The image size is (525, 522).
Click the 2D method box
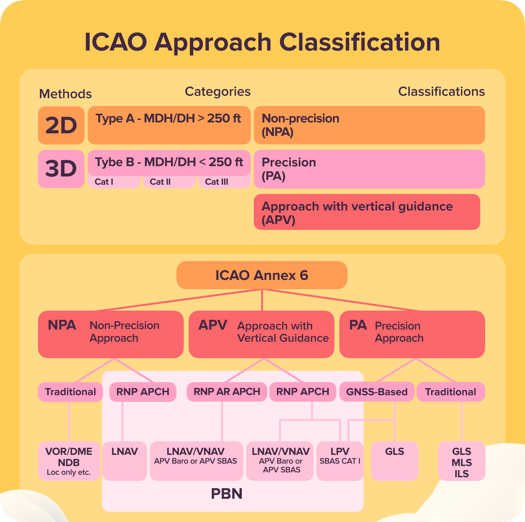61,125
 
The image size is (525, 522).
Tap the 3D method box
61,169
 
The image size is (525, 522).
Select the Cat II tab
169,182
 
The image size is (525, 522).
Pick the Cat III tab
224,182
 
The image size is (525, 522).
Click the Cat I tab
114,182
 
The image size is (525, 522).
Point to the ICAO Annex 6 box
262,275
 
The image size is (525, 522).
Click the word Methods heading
65,94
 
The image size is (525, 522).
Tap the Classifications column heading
441,92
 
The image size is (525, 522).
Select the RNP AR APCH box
227,391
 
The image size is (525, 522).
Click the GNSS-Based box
377,392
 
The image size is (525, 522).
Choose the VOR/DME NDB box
69,461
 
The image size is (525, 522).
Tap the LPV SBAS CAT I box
340,461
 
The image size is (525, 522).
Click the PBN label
227,494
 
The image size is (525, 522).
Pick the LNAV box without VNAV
124,461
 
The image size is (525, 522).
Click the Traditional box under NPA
70,392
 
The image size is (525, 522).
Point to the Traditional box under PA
451,392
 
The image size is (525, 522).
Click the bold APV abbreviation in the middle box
212,325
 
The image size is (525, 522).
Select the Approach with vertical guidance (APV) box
367,212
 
